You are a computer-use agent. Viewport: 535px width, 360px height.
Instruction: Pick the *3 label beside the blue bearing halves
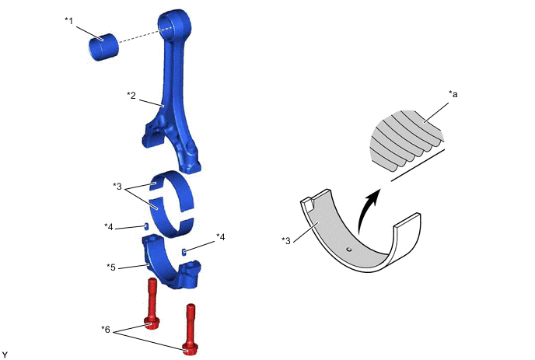point(117,187)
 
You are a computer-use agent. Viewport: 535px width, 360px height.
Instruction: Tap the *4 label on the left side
point(109,226)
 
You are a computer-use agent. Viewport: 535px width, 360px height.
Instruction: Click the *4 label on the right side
point(221,236)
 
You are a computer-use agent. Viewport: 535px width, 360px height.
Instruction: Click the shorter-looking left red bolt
point(152,307)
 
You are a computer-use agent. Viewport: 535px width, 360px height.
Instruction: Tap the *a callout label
point(453,93)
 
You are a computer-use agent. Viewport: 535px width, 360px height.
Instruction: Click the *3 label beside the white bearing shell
point(286,239)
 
